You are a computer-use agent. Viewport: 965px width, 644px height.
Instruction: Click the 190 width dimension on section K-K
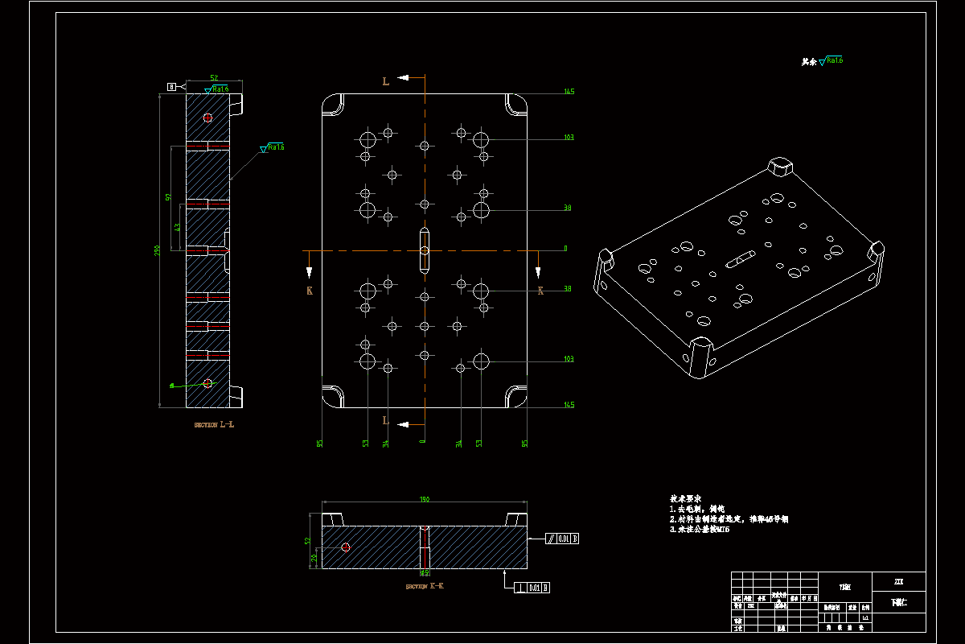pos(424,500)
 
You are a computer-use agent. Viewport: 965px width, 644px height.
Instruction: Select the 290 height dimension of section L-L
pos(158,251)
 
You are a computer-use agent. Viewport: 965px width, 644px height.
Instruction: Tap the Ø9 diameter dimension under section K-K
pos(424,573)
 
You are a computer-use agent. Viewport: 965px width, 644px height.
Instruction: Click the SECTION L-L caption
pos(214,424)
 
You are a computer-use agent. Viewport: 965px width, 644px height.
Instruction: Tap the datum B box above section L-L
pos(171,86)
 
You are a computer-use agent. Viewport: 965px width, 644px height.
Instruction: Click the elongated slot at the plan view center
pos(425,250)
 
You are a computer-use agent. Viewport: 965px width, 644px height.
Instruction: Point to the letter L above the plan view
pos(385,80)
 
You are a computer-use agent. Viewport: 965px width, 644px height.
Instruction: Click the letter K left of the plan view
pos(309,290)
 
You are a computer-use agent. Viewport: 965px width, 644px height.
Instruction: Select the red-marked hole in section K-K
pos(346,547)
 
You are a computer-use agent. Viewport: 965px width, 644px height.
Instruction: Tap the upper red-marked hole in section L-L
pos(207,118)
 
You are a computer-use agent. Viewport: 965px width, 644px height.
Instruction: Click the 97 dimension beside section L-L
pos(168,196)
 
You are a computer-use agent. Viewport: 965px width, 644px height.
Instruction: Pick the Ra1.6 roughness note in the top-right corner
pos(823,61)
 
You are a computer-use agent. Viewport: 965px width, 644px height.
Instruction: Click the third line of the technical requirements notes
pos(700,530)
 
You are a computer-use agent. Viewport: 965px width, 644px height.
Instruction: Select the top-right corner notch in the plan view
pos(516,104)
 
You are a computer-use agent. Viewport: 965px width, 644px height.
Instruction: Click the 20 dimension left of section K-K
pos(314,555)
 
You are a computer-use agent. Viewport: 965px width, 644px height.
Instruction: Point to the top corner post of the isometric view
pos(781,167)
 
